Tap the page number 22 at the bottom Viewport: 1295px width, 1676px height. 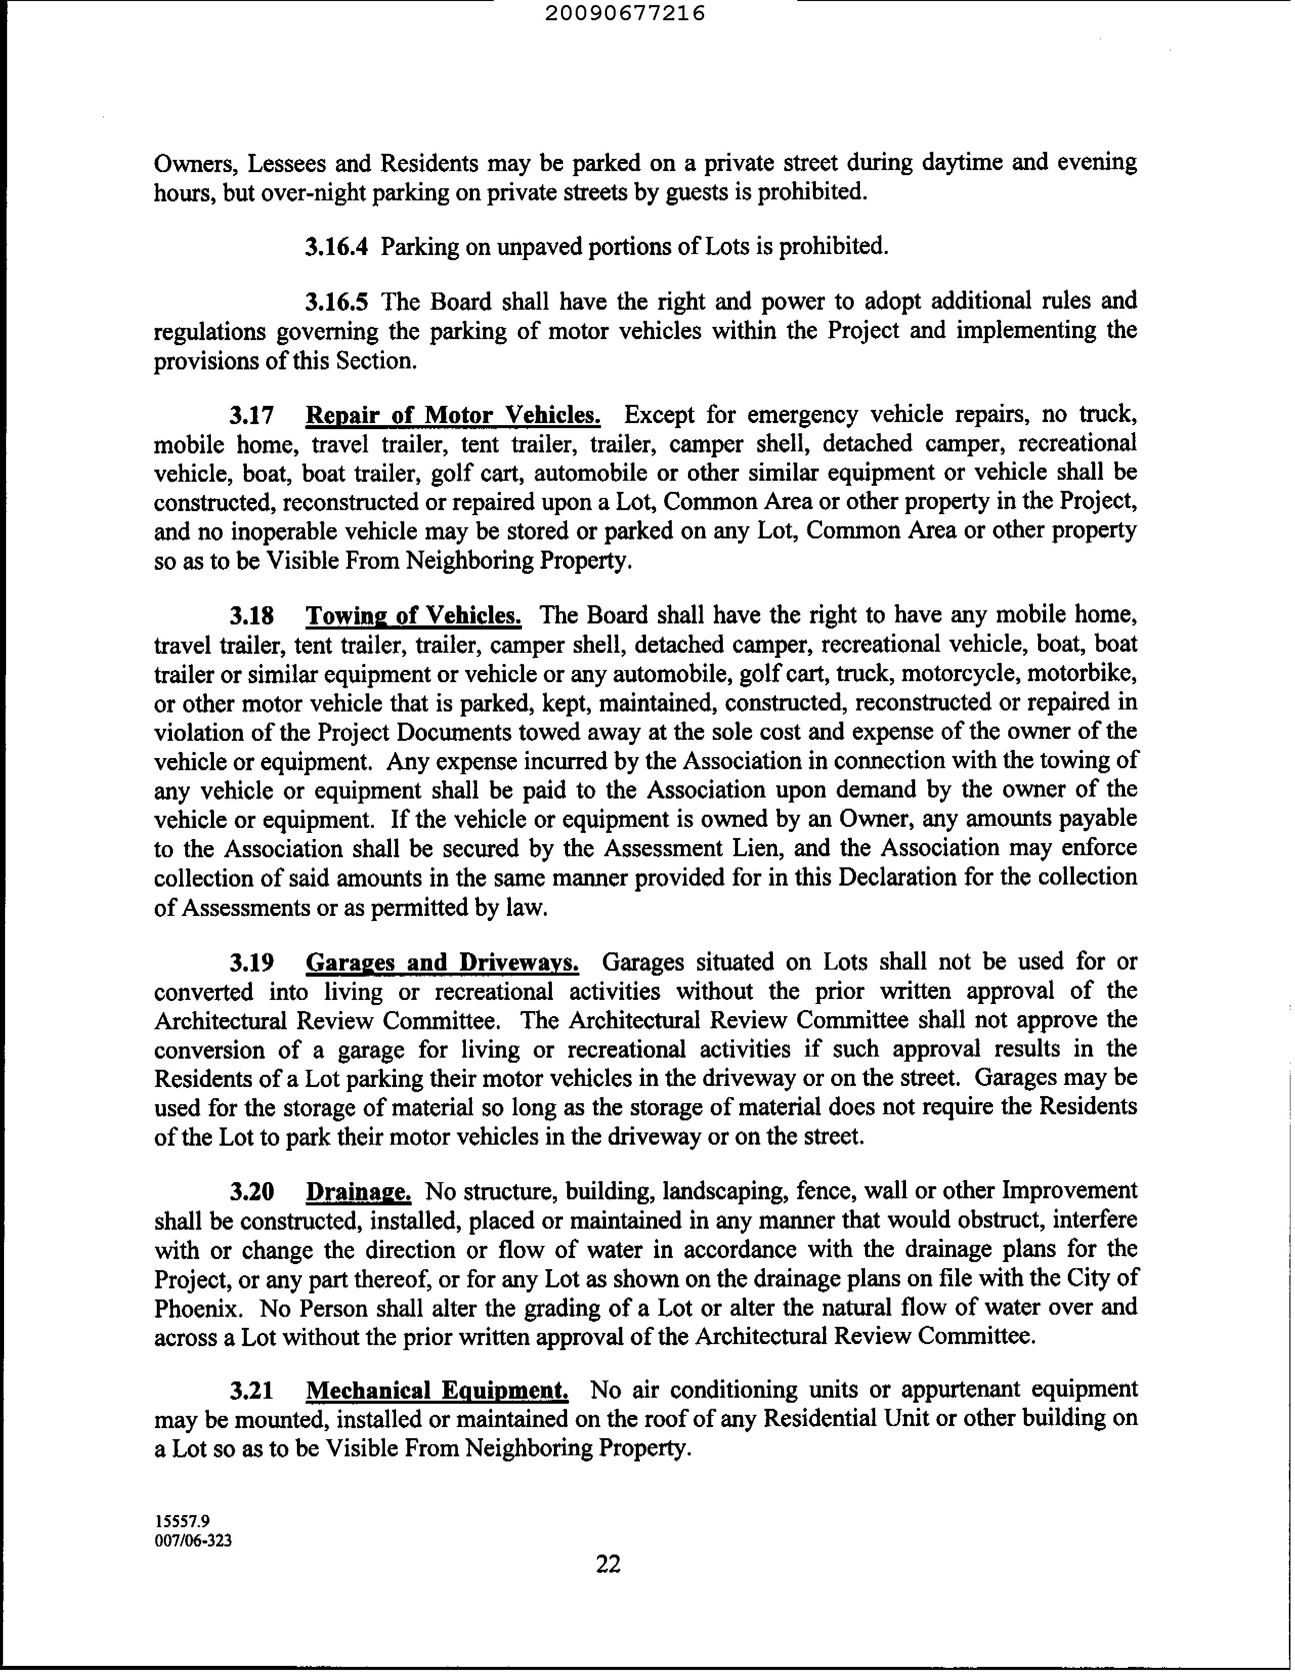click(608, 1563)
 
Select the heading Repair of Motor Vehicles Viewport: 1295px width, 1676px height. click(453, 415)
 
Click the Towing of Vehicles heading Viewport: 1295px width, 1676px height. click(413, 615)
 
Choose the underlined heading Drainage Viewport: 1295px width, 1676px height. click(358, 1191)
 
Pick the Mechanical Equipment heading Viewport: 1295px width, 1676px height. click(437, 1390)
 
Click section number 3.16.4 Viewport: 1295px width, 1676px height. click(336, 246)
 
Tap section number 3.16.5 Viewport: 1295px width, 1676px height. click(336, 301)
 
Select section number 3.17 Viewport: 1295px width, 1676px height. click(251, 415)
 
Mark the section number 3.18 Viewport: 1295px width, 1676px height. click(251, 615)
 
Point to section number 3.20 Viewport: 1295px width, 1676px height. click(251, 1191)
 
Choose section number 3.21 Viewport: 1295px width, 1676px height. click(251, 1390)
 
